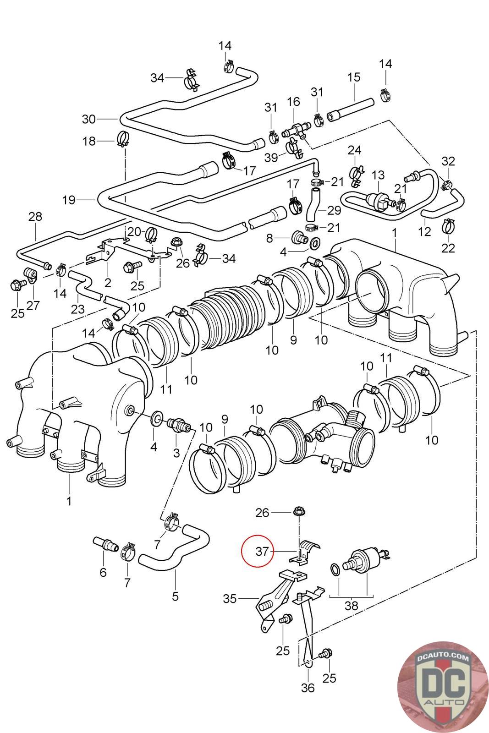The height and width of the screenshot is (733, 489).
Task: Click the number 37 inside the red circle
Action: [x=262, y=552]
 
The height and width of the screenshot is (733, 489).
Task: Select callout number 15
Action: [x=354, y=77]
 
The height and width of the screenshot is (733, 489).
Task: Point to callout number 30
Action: [x=88, y=119]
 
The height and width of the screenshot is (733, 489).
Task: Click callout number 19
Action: [x=69, y=200]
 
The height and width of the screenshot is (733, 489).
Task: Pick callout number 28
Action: [x=35, y=216]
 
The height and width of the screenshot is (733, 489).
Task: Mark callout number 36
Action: [x=308, y=688]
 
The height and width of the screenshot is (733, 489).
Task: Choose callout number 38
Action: [x=351, y=606]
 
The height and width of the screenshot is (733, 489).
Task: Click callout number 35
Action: [x=230, y=598]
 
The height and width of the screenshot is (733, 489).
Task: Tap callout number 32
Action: [x=448, y=161]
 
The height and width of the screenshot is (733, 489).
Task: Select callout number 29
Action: [x=335, y=210]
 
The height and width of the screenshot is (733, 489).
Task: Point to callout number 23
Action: [x=78, y=309]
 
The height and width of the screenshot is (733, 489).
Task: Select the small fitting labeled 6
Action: [x=106, y=545]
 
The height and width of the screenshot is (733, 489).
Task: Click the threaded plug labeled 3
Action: [x=179, y=424]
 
